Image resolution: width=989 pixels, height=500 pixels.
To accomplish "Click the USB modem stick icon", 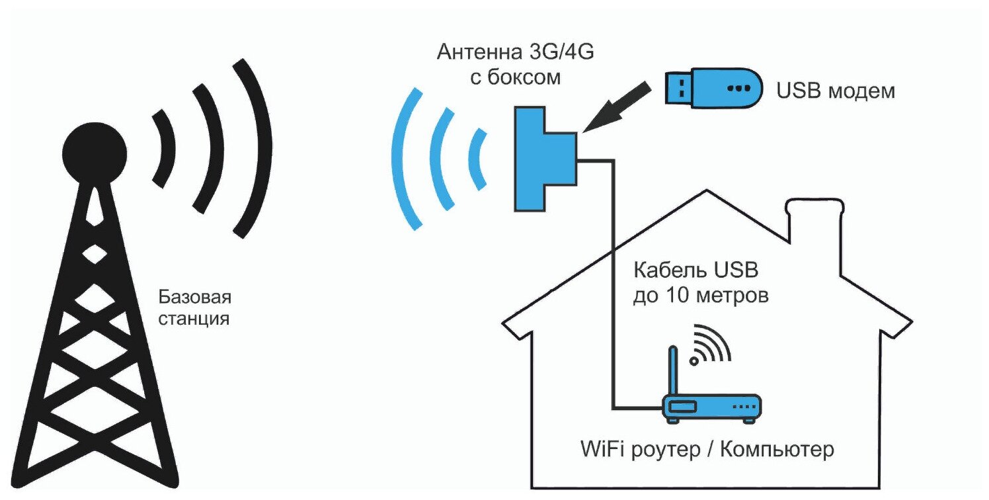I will click(711, 87).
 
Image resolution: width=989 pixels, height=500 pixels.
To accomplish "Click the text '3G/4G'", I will click(557, 52).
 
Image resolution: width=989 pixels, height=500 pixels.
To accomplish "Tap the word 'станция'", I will click(192, 319).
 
